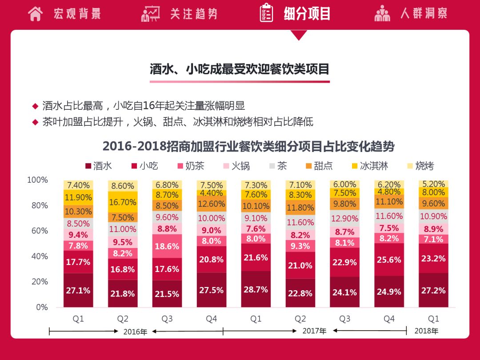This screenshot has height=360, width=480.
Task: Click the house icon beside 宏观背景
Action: (35, 13)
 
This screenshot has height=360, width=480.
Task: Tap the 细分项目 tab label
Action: (307, 13)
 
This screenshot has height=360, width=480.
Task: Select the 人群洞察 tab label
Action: (424, 13)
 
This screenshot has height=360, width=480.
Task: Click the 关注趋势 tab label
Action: (194, 13)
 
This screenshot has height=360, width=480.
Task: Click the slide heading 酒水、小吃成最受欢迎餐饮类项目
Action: (240, 69)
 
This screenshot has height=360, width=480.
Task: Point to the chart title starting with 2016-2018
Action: (248, 146)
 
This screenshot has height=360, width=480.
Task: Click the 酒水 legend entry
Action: (98, 166)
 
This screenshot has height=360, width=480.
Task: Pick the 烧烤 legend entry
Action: (420, 166)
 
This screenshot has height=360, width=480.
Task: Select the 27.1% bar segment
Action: (78, 290)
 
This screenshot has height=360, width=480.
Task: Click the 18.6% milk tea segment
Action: (167, 246)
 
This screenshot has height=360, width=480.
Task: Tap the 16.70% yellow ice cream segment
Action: (123, 202)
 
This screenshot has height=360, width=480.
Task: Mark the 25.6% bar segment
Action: (389, 260)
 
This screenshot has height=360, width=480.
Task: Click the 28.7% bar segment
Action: (256, 289)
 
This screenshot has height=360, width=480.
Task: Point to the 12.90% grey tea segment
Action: (344, 218)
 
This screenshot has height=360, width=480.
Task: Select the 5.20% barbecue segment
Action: (433, 184)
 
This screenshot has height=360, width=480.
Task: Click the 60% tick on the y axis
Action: (37, 231)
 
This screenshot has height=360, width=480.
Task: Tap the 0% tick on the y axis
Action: (41, 307)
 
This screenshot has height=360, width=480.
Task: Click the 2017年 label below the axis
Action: (314, 331)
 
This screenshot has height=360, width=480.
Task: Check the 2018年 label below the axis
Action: (426, 331)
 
